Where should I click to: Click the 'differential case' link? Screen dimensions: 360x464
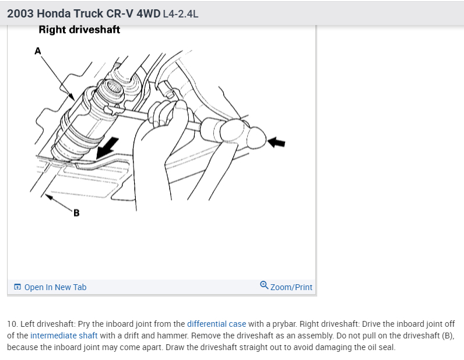point(216,324)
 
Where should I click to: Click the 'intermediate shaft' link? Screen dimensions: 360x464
point(64,336)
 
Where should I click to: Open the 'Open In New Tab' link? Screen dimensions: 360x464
point(55,287)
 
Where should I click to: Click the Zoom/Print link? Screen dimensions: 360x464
point(291,287)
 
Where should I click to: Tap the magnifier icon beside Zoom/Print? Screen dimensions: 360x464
point(264,286)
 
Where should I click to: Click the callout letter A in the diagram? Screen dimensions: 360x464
point(38,51)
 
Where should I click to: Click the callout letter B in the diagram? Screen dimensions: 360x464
point(76,213)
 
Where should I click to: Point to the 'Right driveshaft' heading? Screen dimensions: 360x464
point(79,30)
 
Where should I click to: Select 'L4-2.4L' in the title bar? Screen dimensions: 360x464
point(181,13)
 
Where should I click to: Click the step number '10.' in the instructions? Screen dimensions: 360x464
point(13,324)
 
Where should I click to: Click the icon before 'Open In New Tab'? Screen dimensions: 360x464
point(17,287)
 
